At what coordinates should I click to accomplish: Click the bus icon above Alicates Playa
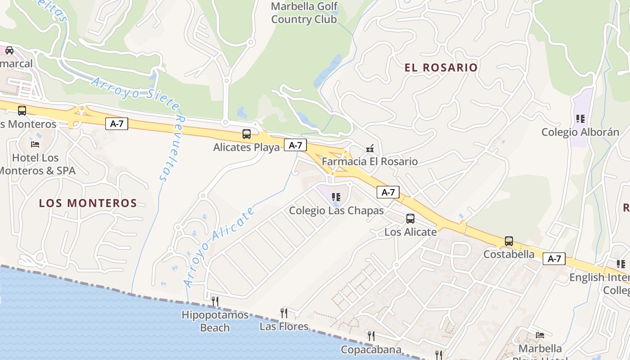click(x=247, y=134)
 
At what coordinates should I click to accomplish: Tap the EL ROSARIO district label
click(x=441, y=68)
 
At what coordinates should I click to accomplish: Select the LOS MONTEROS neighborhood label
click(x=88, y=203)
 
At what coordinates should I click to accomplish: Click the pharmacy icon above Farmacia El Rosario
click(x=370, y=148)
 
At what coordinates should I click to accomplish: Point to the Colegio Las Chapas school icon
click(x=336, y=197)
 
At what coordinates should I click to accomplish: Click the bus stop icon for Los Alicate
click(x=410, y=219)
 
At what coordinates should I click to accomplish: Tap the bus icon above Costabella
click(x=509, y=241)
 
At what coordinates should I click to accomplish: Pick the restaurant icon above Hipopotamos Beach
click(x=215, y=301)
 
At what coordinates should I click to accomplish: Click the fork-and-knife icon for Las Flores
click(x=284, y=313)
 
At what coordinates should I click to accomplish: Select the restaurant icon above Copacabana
click(x=371, y=336)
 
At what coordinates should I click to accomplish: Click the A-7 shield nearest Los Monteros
click(x=117, y=124)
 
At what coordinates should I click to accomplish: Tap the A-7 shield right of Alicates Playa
click(x=295, y=145)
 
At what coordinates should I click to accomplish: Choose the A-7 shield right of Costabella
click(x=554, y=259)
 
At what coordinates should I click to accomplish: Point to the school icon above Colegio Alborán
click(x=580, y=119)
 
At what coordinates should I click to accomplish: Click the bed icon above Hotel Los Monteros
click(x=35, y=144)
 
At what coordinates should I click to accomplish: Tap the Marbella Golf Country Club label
click(x=304, y=13)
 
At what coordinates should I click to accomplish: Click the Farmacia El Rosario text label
click(x=369, y=161)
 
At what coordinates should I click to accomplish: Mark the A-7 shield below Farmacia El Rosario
click(x=388, y=193)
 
